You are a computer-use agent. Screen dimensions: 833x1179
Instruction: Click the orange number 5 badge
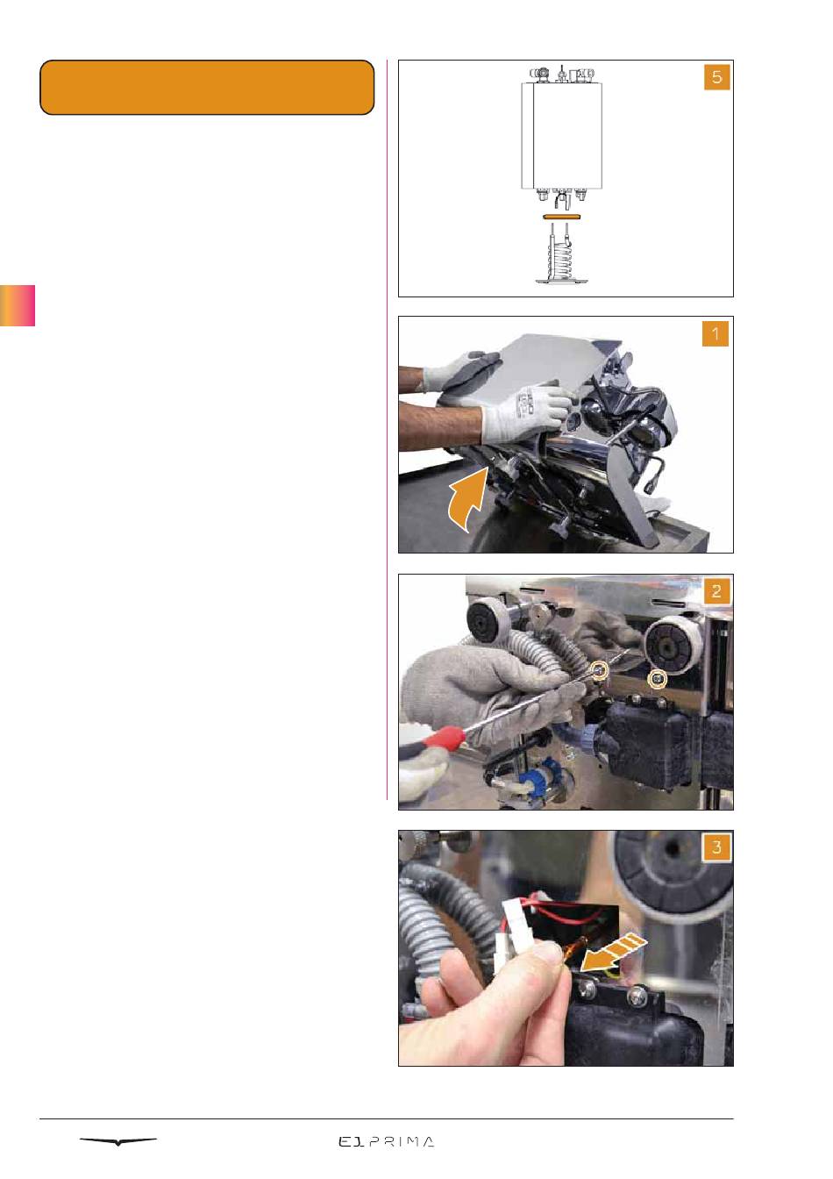(716, 77)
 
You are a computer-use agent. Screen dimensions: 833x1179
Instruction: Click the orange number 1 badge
(716, 333)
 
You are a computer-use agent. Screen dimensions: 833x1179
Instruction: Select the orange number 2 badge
(716, 591)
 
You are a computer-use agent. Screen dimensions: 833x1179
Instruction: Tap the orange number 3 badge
(716, 847)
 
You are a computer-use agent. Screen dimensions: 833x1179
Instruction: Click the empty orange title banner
(207, 88)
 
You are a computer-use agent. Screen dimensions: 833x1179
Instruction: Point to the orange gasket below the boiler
(561, 216)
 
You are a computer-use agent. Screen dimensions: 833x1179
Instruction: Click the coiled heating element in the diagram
(561, 254)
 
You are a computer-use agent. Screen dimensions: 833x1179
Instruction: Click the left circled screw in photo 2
(600, 670)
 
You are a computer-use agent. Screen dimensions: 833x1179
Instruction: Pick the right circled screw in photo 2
(658, 680)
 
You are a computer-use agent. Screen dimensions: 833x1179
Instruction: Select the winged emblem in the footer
(118, 1141)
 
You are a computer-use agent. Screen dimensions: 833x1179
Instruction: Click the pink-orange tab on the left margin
(18, 306)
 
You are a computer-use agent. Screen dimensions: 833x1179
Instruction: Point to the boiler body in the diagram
(561, 135)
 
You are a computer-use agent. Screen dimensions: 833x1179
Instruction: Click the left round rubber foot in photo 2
(487, 623)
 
